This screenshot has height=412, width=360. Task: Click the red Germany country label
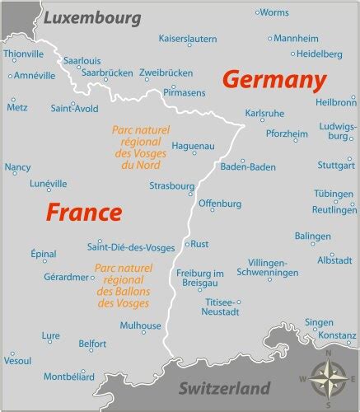coord(271,80)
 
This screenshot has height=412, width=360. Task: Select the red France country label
coord(83,212)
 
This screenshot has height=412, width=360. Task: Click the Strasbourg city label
coord(171,186)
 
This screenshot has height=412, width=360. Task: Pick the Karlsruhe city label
coord(265,113)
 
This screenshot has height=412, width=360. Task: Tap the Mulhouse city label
coord(140,325)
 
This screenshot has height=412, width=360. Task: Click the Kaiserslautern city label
coord(188,38)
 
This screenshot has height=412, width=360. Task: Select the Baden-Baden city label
coord(248,166)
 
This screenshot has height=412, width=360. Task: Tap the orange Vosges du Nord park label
coord(138,147)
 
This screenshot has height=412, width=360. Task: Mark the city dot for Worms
coord(257,12)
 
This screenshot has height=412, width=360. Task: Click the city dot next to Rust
coord(187,244)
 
